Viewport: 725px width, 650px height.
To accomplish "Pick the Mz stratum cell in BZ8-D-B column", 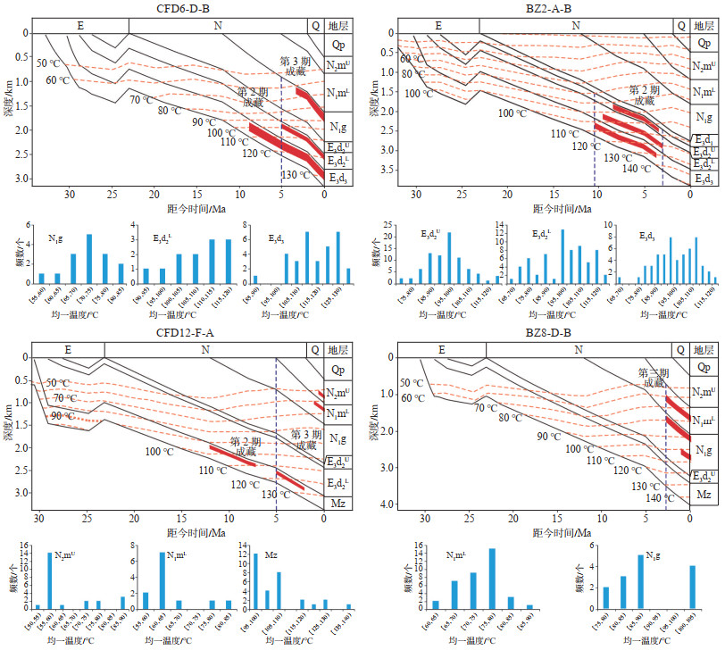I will pyautogui.click(x=703, y=492).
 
